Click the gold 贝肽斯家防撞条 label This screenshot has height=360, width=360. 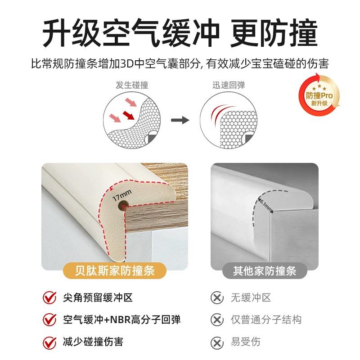pyautogui.click(x=115, y=271)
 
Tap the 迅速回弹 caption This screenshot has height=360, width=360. pyautogui.click(x=229, y=85)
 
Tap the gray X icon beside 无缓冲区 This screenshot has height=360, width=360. pyautogui.click(x=217, y=297)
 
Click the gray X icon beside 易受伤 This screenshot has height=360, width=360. pyautogui.click(x=217, y=342)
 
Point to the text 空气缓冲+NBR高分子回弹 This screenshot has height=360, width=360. pyautogui.click(x=121, y=320)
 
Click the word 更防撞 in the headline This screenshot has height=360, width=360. pyautogui.click(x=274, y=33)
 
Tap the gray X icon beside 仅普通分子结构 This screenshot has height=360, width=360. pyautogui.click(x=217, y=320)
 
